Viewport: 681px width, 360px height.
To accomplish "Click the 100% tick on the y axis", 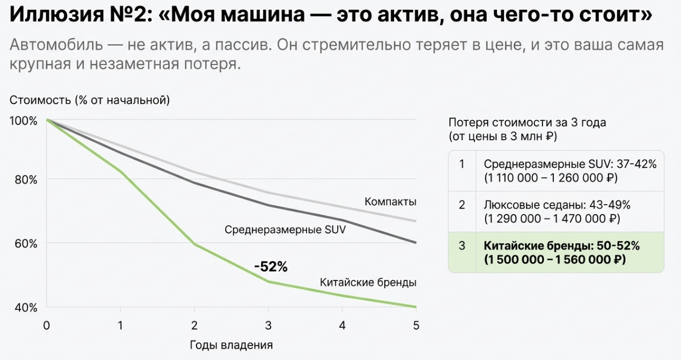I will [23, 120].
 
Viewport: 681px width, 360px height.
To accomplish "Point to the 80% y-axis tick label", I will [25, 180].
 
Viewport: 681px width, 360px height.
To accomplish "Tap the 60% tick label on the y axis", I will [25, 244].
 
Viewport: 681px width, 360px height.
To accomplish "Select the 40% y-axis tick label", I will [25, 307].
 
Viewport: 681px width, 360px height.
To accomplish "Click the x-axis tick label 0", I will [47, 325].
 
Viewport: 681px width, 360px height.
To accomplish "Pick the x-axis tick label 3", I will [268, 325].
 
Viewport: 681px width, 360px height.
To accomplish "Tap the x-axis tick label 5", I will [416, 325].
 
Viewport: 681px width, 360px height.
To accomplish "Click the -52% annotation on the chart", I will [271, 266].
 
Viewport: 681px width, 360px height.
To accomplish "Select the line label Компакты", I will [390, 202].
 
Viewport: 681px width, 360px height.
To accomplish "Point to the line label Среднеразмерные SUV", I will [285, 230].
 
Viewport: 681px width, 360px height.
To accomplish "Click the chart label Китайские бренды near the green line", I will [368, 282].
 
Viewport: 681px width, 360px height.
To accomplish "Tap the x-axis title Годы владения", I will [231, 345].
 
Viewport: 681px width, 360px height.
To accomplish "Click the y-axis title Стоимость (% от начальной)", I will [90, 100].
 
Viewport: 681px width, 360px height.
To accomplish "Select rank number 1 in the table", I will [462, 164].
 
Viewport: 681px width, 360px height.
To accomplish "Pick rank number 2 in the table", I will [462, 205].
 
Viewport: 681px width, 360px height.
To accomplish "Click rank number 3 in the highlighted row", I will [462, 246].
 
